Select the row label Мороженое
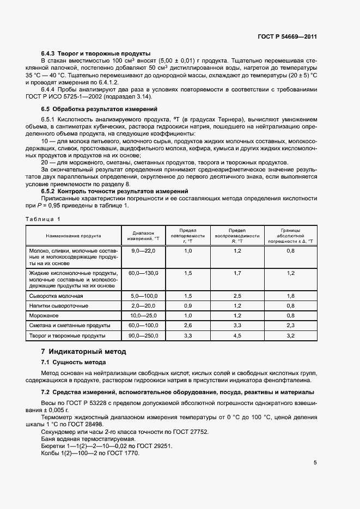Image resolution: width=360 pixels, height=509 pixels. [x=44, y=316]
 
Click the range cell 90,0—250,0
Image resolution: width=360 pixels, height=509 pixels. [x=144, y=336]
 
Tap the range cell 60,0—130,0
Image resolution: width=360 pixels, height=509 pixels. [x=144, y=273]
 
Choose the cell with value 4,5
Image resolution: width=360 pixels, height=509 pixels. [x=237, y=336]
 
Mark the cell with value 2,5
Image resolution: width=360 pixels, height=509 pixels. [x=237, y=295]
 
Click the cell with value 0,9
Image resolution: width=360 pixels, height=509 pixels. [x=188, y=305]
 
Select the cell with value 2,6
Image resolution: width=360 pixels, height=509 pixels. [x=188, y=326]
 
